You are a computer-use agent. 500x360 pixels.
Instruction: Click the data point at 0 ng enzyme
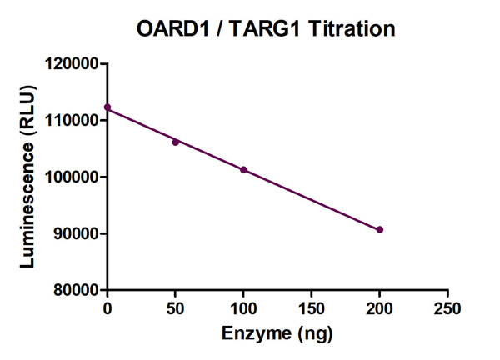click(107, 107)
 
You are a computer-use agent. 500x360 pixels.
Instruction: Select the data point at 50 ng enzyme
click(176, 142)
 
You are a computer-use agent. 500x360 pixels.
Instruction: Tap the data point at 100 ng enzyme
click(243, 170)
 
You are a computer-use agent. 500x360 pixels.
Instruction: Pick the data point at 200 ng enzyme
click(380, 229)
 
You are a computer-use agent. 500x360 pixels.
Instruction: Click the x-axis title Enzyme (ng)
click(277, 334)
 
